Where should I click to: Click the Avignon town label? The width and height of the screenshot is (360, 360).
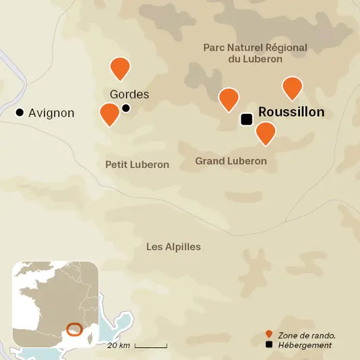tap(51, 113)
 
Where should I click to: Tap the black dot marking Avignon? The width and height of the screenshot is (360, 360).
tap(20, 113)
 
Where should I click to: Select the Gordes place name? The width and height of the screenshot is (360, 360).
tap(129, 94)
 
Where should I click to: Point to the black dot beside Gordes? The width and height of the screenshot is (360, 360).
tap(126, 108)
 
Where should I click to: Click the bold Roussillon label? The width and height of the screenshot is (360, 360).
tap(291, 113)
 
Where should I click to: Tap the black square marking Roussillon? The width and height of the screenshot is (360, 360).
tap(247, 119)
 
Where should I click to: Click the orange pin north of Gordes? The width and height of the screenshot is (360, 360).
tap(120, 67)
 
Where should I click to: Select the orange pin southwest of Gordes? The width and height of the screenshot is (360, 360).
tap(109, 113)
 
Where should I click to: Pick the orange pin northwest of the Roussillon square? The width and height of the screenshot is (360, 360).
tap(229, 98)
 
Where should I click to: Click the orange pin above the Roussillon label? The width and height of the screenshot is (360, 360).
tap(292, 87)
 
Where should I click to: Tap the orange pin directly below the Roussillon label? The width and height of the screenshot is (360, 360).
tap(266, 132)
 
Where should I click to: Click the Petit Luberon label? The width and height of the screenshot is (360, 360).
tap(137, 164)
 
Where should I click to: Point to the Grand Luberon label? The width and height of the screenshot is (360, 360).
tap(231, 161)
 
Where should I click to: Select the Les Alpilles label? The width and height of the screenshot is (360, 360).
tap(173, 247)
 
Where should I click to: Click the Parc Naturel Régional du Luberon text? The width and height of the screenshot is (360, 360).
tap(255, 53)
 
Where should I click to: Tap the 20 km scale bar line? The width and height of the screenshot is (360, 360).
tap(151, 346)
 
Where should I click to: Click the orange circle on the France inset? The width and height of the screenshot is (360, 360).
tap(74, 330)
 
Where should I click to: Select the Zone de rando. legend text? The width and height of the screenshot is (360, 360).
tap(307, 334)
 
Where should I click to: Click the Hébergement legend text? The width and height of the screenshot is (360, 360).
tap(305, 345)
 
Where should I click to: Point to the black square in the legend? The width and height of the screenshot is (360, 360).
tap(269, 345)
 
